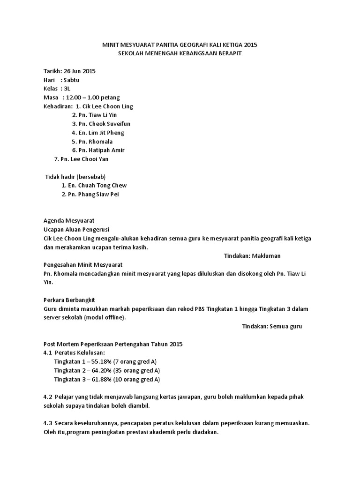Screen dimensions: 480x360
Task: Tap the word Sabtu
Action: (x=71, y=80)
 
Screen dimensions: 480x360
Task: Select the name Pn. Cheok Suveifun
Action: (x=101, y=124)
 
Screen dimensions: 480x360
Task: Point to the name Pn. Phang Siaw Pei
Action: (x=94, y=194)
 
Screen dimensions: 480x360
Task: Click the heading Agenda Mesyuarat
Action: (x=69, y=221)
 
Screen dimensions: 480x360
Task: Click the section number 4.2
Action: (x=47, y=397)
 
